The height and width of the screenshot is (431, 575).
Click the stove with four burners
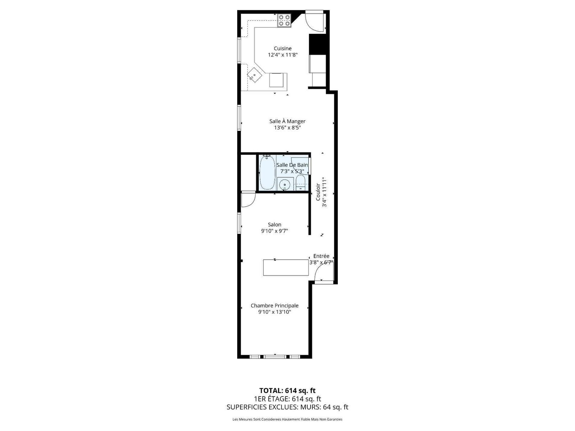pos(284,20)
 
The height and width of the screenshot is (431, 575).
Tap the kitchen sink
pos(255,75)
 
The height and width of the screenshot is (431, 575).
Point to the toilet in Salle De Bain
pos(300,183)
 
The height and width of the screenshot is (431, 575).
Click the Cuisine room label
pos(283,48)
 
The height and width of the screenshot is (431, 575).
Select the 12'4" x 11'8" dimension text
pos(283,55)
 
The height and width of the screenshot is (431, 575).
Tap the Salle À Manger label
pos(287,121)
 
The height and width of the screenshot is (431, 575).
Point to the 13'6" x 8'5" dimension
pos(287,128)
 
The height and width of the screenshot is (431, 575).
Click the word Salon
pos(275,224)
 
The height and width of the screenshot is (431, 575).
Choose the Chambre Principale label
pos(275,306)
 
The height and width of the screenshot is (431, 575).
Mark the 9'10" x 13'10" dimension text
pos(275,312)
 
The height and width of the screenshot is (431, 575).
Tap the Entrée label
pos(321,256)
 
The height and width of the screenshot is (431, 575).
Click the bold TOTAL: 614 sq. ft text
pos(287,391)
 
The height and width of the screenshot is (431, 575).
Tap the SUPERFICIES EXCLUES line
pos(287,407)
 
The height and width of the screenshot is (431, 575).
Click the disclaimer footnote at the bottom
pos(287,419)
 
